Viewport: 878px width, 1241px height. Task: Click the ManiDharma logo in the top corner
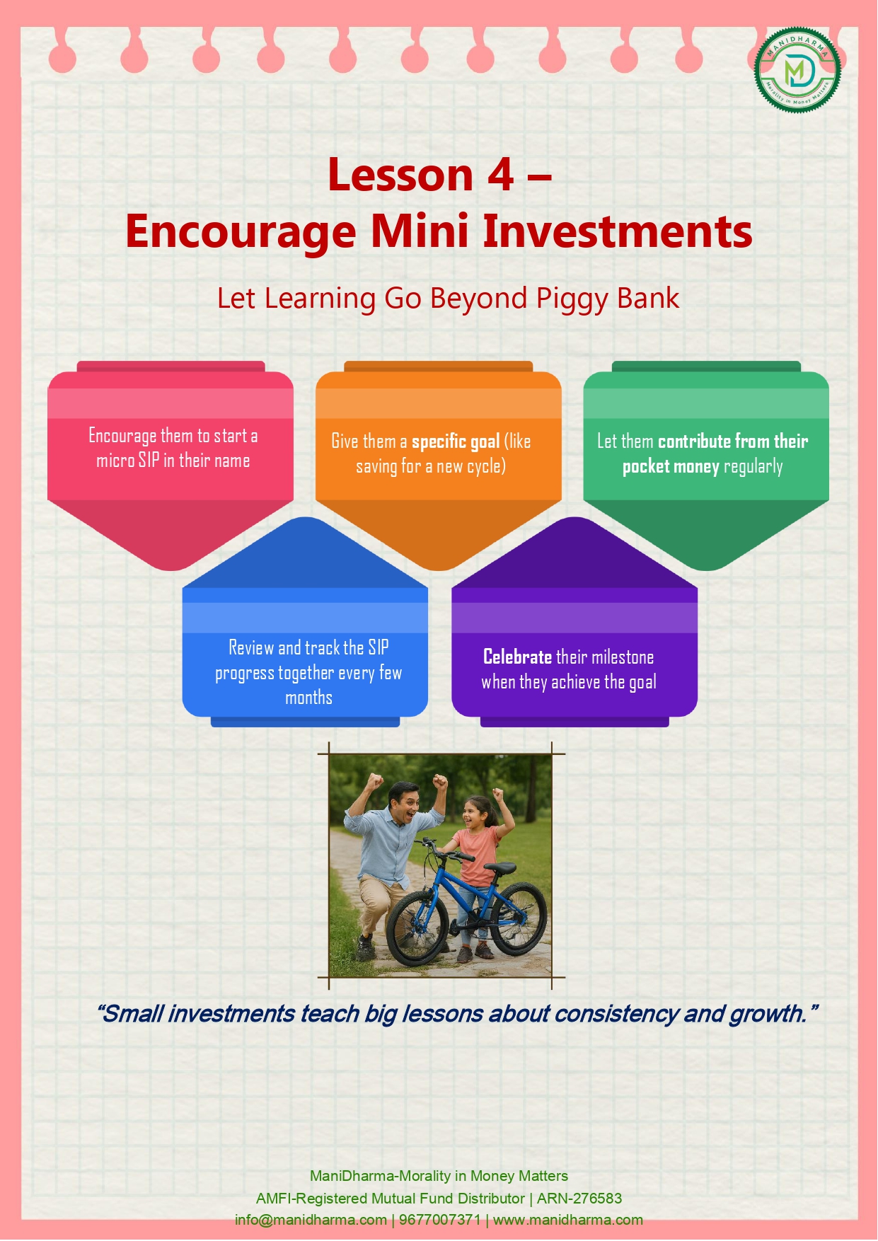click(x=797, y=69)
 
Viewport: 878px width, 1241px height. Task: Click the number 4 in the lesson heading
click(x=500, y=175)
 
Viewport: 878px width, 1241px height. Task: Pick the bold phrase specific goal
click(x=456, y=442)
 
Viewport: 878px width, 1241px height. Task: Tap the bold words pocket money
click(x=671, y=467)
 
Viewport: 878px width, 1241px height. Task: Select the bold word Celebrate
click(x=517, y=657)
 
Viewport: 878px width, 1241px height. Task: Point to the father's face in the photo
click(x=403, y=804)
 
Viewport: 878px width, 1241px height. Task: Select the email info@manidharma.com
click(x=311, y=1220)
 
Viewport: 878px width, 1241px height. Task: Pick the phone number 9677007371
click(x=440, y=1220)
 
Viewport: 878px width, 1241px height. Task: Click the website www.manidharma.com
click(x=568, y=1220)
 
